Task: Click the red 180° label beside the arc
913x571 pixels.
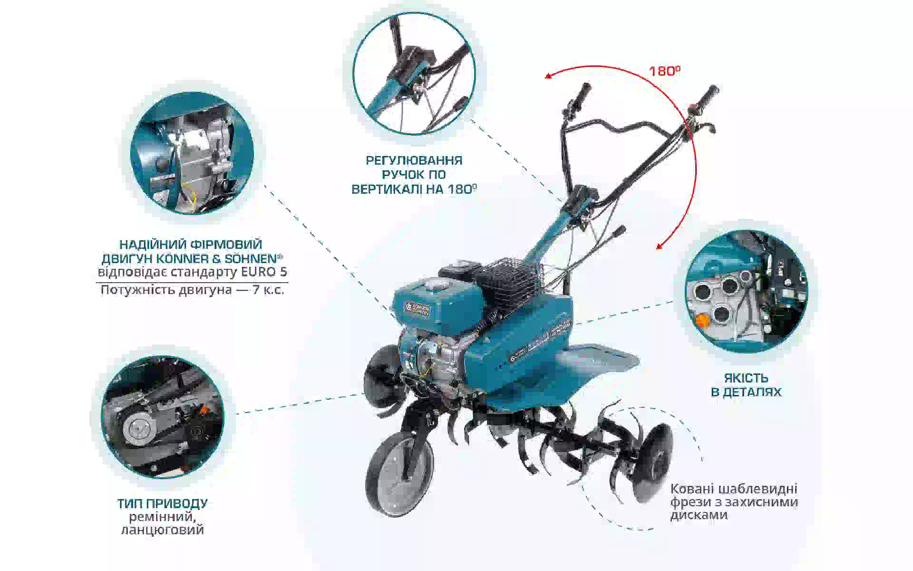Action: click(x=664, y=71)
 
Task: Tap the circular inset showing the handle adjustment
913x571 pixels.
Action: click(x=414, y=73)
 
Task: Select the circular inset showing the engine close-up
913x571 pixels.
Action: click(x=192, y=153)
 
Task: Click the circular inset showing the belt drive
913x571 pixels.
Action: click(x=162, y=417)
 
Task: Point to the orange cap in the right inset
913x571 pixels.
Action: click(x=701, y=320)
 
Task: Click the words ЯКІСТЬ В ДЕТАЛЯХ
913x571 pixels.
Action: click(x=746, y=385)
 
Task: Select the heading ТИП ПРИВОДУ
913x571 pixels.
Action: click(x=162, y=503)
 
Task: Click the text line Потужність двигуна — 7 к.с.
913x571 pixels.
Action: click(x=192, y=290)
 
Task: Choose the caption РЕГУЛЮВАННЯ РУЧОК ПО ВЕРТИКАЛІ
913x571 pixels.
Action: click(x=414, y=174)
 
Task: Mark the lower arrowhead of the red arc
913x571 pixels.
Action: click(x=660, y=245)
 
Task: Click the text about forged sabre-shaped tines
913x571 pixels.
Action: click(x=734, y=502)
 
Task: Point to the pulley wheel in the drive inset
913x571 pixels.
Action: click(x=139, y=426)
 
